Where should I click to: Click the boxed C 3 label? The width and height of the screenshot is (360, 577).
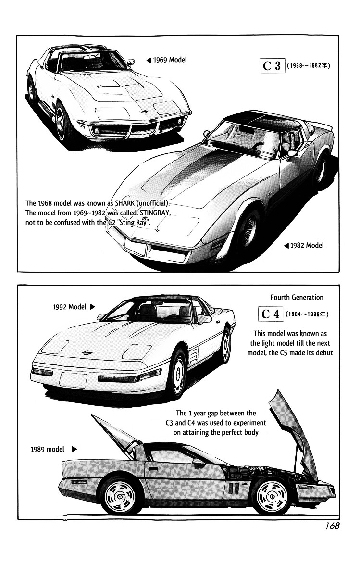(272, 66)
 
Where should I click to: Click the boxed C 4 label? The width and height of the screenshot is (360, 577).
(271, 314)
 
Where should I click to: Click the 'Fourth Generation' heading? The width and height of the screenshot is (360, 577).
(297, 297)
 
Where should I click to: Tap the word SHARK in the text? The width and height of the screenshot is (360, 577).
(124, 203)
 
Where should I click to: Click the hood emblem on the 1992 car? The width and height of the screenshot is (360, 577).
(88, 352)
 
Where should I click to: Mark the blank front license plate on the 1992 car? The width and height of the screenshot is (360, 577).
(73, 380)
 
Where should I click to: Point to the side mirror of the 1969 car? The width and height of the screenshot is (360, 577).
(131, 62)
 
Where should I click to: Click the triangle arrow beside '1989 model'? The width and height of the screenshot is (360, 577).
(74, 449)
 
